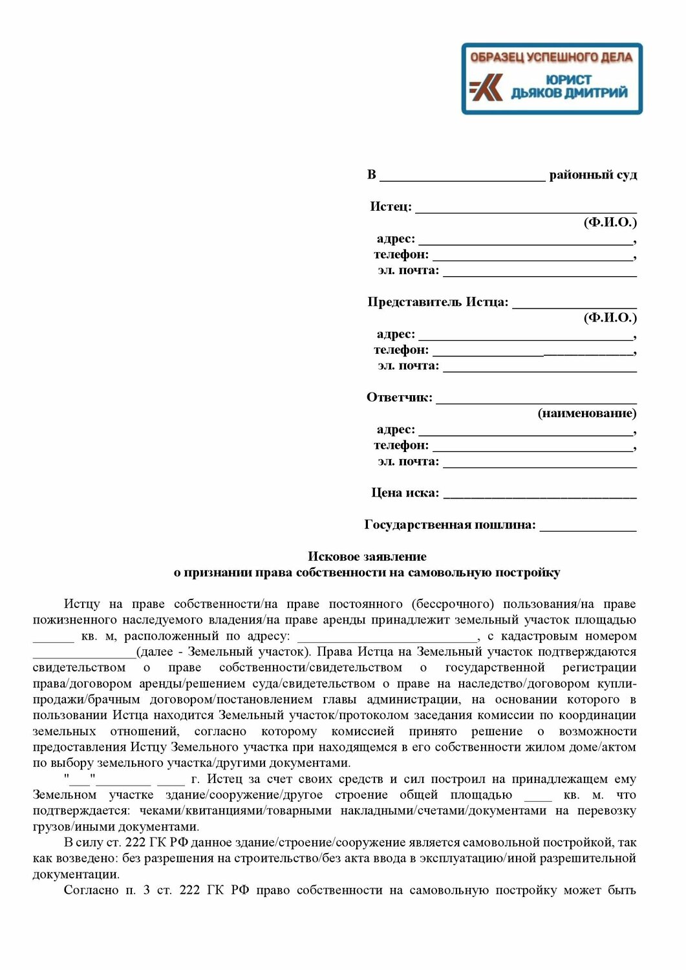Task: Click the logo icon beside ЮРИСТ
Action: [x=486, y=87]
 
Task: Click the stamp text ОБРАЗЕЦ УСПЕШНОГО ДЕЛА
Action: [x=551, y=58]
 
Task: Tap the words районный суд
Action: [x=593, y=175]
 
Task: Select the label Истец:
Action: [x=391, y=206]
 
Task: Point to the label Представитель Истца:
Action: [x=438, y=302]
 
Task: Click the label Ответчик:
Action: [x=399, y=397]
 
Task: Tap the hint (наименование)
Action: [x=586, y=413]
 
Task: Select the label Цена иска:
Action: [x=405, y=493]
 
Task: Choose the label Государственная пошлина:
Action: [x=450, y=524]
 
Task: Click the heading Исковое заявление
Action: [x=367, y=556]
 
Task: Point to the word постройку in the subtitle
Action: [x=527, y=572]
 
